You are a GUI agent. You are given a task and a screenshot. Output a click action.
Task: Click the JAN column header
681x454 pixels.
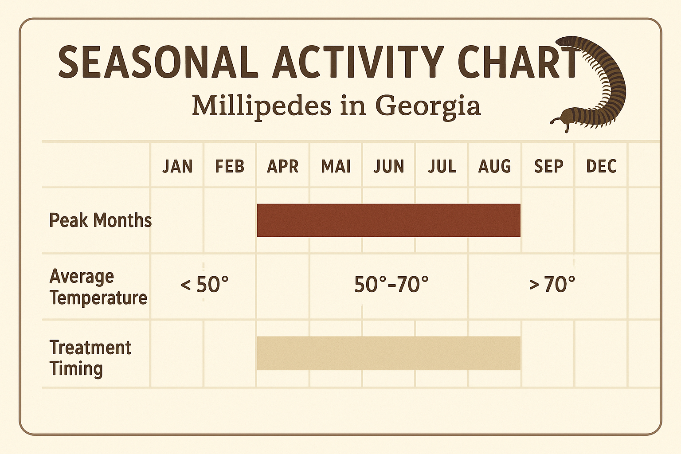click(x=177, y=166)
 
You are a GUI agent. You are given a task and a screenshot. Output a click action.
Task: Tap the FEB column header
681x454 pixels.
click(x=230, y=166)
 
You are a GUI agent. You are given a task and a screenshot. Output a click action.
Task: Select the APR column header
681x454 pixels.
click(x=283, y=166)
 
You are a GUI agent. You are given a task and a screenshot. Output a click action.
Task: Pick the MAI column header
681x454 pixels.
click(x=336, y=166)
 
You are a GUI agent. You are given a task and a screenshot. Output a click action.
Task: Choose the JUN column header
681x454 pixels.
click(x=389, y=166)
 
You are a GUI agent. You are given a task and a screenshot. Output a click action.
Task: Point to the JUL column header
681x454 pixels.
click(x=442, y=166)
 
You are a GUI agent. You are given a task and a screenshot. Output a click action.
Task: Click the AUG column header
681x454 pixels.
click(x=495, y=166)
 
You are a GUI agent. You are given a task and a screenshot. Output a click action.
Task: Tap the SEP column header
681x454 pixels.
click(x=548, y=166)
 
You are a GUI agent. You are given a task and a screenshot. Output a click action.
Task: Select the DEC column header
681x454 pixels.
click(x=601, y=166)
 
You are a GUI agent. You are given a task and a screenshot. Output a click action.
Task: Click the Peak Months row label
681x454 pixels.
click(x=100, y=220)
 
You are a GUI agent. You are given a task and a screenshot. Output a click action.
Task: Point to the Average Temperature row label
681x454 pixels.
click(x=98, y=287)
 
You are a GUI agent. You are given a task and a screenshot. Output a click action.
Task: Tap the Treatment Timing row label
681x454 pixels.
click(x=90, y=358)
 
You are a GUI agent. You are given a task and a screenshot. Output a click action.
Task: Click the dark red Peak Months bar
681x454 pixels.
click(x=388, y=220)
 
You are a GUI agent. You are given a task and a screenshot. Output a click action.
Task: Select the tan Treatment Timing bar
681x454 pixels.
click(x=388, y=353)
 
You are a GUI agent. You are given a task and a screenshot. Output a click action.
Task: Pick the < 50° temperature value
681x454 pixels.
click(x=204, y=285)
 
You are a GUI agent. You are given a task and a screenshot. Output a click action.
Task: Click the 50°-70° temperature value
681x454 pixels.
click(x=391, y=285)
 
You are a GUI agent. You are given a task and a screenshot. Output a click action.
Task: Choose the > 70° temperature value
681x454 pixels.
click(x=552, y=285)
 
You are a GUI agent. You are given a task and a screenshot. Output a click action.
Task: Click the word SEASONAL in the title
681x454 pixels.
click(x=158, y=63)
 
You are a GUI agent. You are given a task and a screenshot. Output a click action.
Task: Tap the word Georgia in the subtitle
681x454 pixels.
click(x=428, y=106)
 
